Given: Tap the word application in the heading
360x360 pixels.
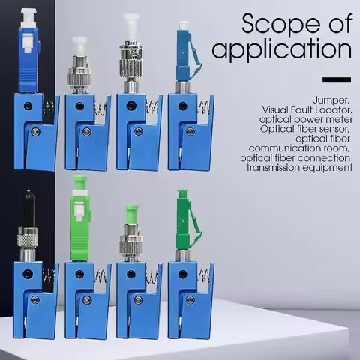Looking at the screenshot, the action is tap(282, 49).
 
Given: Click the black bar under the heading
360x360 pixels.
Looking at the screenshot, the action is tap(337, 79).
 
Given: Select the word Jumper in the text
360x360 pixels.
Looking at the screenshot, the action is tap(331, 100).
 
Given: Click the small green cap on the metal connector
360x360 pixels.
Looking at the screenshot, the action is tap(131, 214).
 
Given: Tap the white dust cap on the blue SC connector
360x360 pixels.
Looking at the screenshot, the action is tap(28, 18).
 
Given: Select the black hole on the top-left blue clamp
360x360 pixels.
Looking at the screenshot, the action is tap(28, 106).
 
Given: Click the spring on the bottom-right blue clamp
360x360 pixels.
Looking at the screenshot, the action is tap(203, 274).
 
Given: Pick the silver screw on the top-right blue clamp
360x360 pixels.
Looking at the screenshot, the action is tap(190, 131).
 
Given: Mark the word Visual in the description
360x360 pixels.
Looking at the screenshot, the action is tap(274, 109).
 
